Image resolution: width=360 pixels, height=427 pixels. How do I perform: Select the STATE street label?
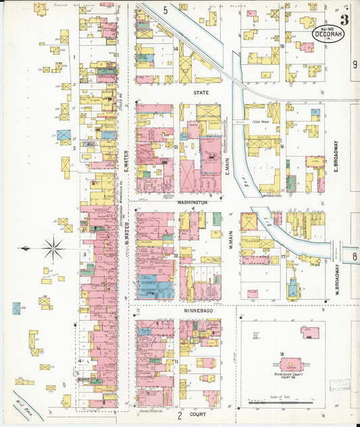pos(201,91)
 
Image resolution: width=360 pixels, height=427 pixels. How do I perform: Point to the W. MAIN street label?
pos(230,240)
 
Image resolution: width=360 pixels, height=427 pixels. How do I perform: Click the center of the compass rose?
pos(53,249)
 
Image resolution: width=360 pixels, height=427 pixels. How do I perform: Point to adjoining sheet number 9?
pos(354,65)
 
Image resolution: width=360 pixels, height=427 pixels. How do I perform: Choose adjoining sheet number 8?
pos(354,256)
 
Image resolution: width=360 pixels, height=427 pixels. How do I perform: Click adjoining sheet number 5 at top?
pos(165,9)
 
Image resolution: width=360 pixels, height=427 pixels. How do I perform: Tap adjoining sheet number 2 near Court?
pos(180,416)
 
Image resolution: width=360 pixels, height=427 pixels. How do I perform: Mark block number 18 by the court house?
pos(280,353)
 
